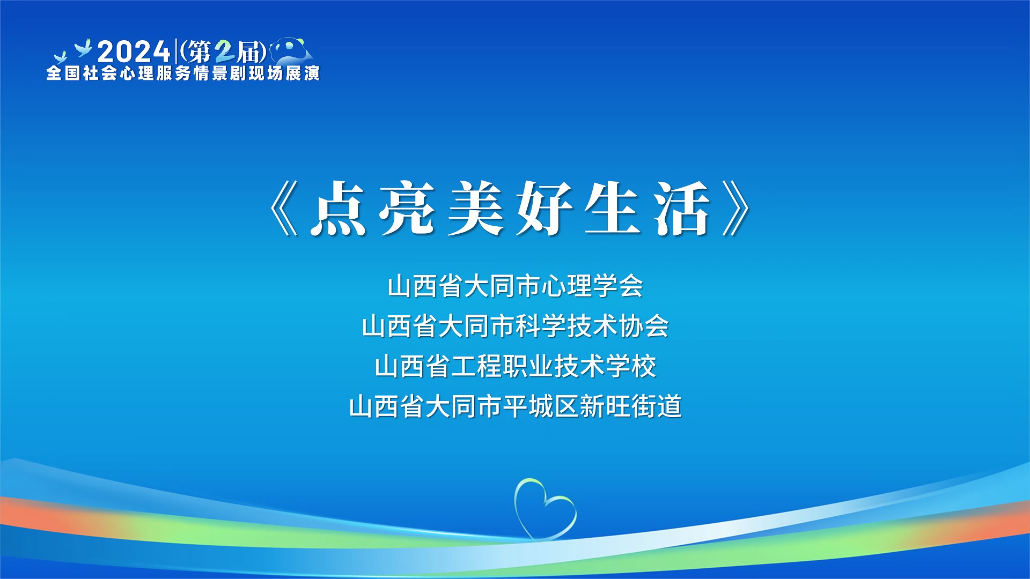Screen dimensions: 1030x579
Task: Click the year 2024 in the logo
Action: tap(134, 52)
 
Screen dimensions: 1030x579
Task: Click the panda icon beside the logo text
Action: tap(291, 50)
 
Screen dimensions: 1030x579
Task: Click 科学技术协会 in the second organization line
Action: tap(592, 326)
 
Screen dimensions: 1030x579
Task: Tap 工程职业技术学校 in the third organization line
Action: tap(553, 366)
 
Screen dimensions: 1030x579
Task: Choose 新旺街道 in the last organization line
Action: tap(630, 406)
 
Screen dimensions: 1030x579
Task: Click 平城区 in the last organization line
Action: tap(541, 406)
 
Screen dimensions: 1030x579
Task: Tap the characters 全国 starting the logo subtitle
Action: tap(63, 73)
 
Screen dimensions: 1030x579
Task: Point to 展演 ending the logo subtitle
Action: tap(303, 73)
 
